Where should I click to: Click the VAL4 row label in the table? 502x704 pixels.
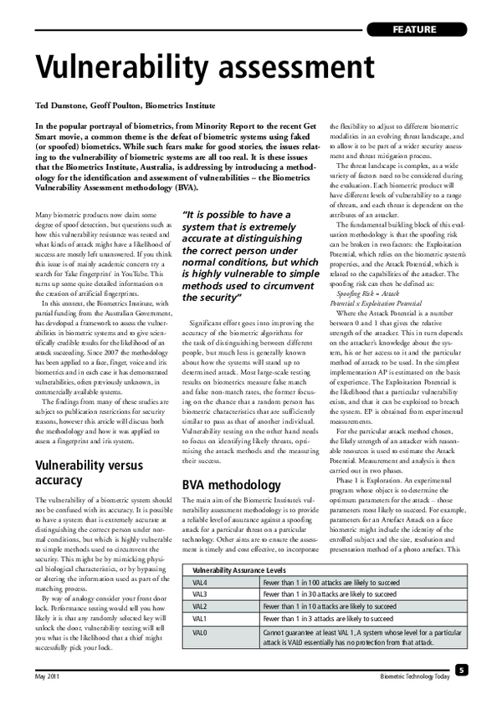coord(200,559)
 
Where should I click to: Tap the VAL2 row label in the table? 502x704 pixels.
coord(200,583)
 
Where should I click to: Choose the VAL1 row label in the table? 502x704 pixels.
coord(200,594)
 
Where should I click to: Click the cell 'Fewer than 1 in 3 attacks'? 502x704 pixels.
coord(328,594)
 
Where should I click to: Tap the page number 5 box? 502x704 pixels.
coord(461,670)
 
